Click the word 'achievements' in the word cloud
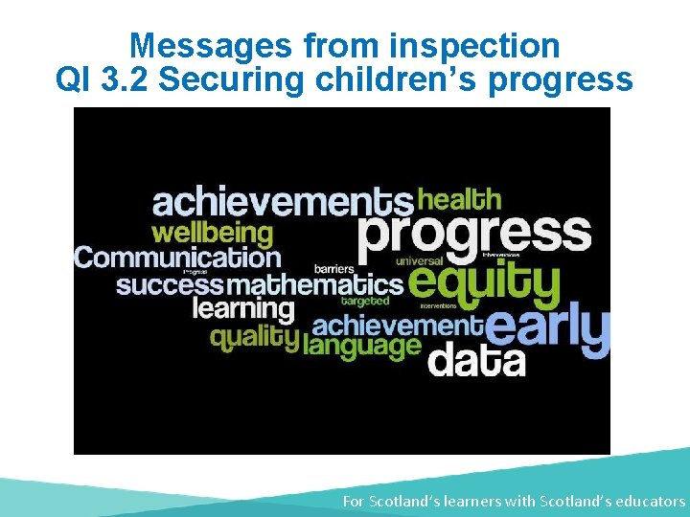pos(283,202)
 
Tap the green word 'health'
pos(460,199)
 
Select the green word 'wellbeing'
pos(212,233)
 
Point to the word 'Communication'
pos(177,258)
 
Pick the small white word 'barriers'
pos(334,269)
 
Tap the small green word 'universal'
pos(419,260)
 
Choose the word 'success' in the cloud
pos(170,285)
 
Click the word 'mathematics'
pos(314,285)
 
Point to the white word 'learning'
pos(243,309)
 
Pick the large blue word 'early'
pos(548,330)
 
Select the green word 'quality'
pos(255,337)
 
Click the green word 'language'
pos(361,346)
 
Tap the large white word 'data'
pos(476,361)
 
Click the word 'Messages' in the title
pos(211,45)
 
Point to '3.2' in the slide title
pos(123,79)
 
